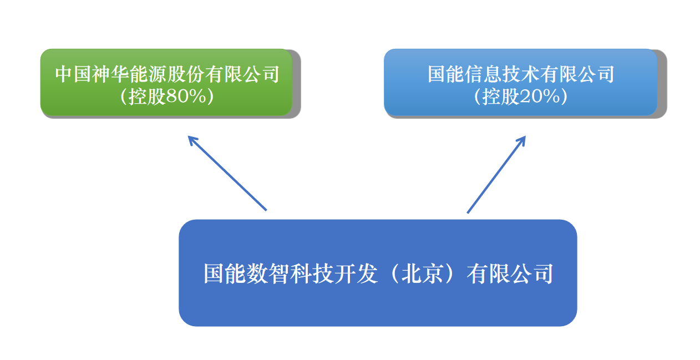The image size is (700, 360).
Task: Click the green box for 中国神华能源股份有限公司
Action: (x=166, y=82)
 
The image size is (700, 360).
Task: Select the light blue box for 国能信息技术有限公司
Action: (x=521, y=82)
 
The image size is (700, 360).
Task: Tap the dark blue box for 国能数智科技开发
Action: (x=378, y=273)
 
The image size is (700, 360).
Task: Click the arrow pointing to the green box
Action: (x=227, y=173)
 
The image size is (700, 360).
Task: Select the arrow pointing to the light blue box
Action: (x=496, y=174)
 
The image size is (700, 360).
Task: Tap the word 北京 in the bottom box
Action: (x=423, y=274)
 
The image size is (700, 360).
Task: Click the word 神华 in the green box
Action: (x=111, y=74)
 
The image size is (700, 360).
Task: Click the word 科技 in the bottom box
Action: (x=311, y=274)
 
